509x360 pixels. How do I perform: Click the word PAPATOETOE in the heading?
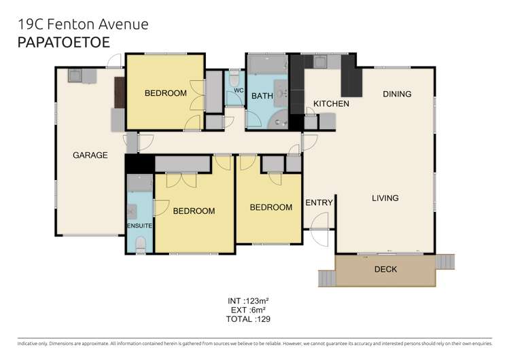pos(62,41)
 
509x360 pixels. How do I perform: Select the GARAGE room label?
pos(90,155)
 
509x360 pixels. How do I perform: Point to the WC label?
pos(238,90)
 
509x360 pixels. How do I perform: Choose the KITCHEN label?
pos(331,104)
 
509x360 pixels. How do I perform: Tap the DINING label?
pos(397,94)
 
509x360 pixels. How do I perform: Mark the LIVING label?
pos(385,198)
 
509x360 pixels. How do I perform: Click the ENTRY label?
pos(318,203)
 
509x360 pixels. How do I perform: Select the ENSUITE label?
pos(139,224)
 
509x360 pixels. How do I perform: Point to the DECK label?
pos(385,270)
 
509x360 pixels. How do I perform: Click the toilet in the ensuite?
pos(140,244)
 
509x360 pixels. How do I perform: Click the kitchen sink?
pos(319,63)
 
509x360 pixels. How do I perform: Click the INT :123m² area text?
pos(250,300)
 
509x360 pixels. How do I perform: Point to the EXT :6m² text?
pos(250,309)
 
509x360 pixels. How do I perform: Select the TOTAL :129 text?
pos(250,319)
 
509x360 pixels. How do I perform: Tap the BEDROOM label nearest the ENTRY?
pos(270,207)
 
